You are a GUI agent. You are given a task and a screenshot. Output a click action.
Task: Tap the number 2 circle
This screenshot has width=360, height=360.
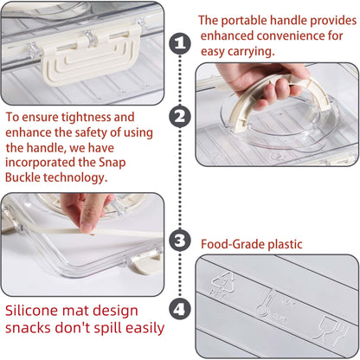[180, 116]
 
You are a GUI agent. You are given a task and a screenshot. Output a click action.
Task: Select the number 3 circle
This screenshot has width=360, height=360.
[180, 241]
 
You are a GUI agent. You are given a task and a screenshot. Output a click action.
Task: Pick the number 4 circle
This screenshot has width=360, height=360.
[180, 308]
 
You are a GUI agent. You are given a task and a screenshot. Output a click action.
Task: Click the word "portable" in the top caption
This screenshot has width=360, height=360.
[247, 20]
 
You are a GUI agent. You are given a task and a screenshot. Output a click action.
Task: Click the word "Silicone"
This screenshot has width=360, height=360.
[35, 310]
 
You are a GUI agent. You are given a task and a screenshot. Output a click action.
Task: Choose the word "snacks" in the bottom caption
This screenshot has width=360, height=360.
[33, 328]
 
